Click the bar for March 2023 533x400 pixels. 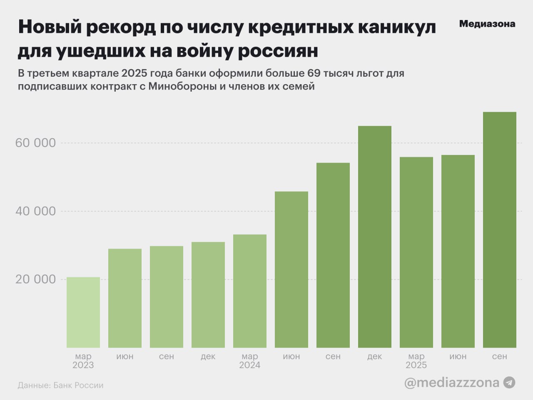83,312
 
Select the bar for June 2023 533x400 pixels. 125,298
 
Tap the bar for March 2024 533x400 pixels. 250,291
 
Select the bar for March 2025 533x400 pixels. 416,252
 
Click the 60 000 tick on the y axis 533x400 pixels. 35,143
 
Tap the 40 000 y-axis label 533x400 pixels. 35,211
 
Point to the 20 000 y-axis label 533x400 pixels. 35,279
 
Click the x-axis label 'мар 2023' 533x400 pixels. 83,361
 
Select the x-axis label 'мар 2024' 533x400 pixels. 250,361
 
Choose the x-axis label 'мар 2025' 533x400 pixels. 416,361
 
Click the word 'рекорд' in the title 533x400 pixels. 122,27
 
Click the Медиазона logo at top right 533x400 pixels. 487,24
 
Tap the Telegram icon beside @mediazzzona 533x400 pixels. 509,382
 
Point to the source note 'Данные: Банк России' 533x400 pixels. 60,385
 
